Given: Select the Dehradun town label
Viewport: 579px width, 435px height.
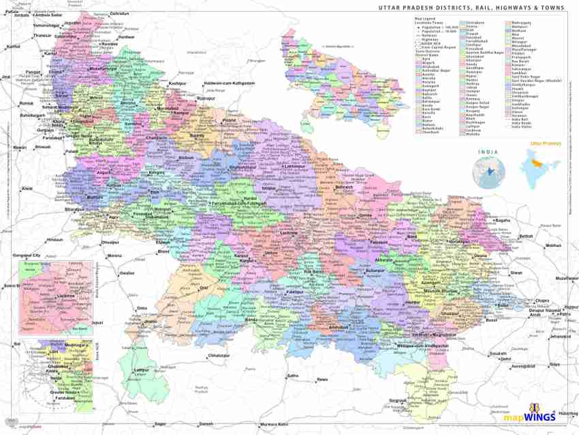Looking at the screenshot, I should (x=119, y=14).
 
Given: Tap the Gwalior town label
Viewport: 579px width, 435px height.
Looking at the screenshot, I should (x=127, y=273).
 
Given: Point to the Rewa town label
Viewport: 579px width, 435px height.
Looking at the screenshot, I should (x=322, y=379).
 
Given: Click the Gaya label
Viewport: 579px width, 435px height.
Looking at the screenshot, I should (x=555, y=364).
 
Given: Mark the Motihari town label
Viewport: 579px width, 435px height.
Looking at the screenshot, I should (x=553, y=245).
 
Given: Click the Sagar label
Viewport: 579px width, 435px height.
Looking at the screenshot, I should (x=161, y=423).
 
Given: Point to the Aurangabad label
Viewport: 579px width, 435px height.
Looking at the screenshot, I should (x=520, y=367).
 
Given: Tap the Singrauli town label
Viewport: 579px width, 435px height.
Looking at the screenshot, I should (x=397, y=400).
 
